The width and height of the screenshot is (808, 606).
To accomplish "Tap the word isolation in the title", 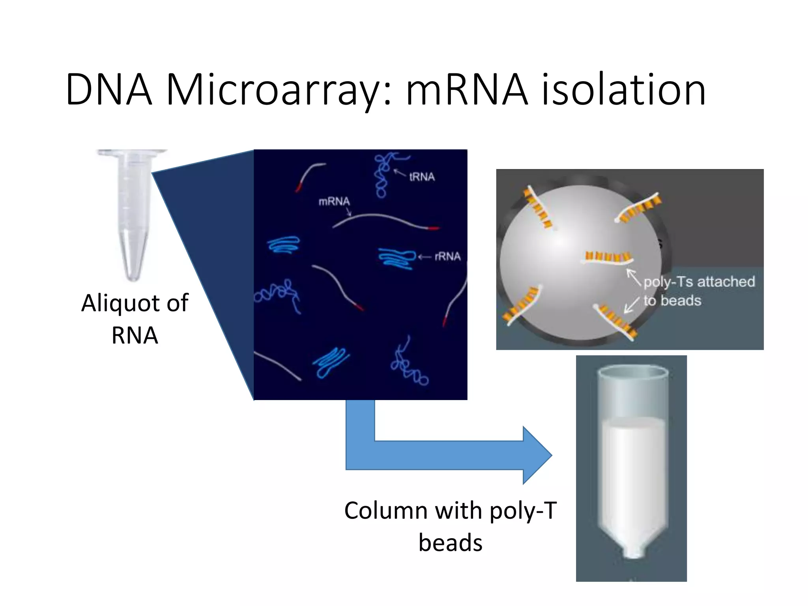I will click(x=623, y=90).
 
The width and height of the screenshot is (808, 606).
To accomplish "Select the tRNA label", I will click(x=422, y=177).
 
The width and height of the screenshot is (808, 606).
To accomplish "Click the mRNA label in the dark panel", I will click(x=334, y=202).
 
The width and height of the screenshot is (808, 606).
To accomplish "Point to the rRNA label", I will click(x=447, y=257).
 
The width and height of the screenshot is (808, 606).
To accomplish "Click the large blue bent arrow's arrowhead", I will click(x=537, y=455).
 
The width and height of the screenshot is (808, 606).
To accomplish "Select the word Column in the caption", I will click(x=386, y=511).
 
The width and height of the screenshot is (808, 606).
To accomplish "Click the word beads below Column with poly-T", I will click(x=450, y=543).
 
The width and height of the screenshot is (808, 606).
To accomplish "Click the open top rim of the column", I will click(x=632, y=372).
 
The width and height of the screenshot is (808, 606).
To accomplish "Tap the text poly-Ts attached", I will click(x=699, y=282).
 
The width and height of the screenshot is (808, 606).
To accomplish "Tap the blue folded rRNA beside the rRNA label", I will click(x=397, y=258).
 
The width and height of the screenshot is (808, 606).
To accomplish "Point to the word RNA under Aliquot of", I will click(x=135, y=336).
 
